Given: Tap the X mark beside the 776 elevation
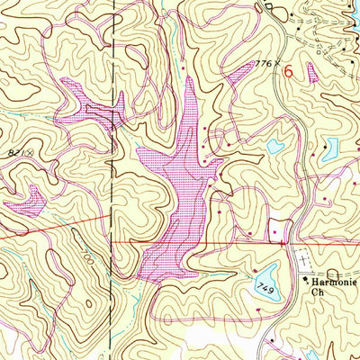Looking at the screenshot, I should point(278,63).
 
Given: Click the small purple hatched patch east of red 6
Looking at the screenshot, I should point(312,72).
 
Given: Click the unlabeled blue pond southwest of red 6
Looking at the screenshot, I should point(274,146).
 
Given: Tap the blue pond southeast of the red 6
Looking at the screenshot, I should point(330,146).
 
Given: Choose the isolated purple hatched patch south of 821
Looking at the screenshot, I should point(28,199).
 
